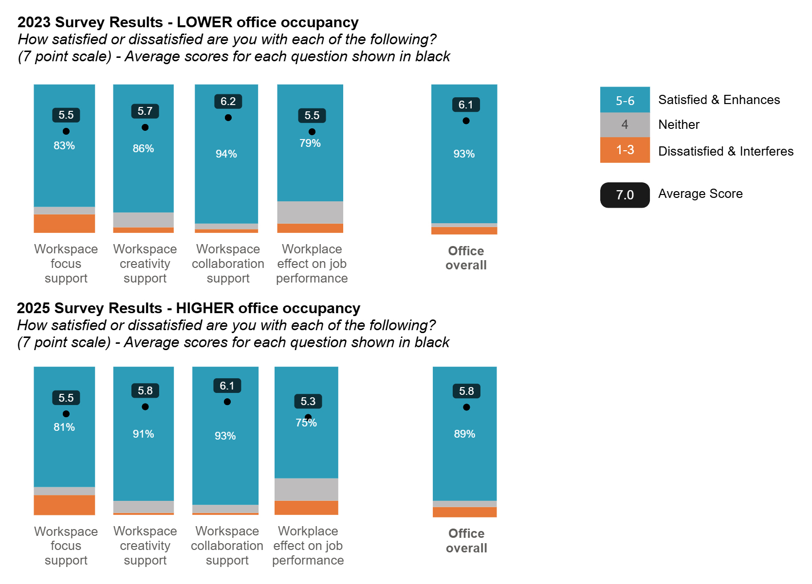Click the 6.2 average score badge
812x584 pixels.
point(228,102)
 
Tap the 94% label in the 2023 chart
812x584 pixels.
point(226,154)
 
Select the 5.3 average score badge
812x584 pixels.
point(308,402)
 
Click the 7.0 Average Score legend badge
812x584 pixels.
point(625,195)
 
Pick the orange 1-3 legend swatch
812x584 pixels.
point(625,150)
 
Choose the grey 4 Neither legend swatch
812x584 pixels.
point(625,125)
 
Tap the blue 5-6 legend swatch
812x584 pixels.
point(625,100)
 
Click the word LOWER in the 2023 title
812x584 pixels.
point(204,22)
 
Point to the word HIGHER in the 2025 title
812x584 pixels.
point(205,308)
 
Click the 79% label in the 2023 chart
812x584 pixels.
point(310,143)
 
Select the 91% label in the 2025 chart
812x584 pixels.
point(143,434)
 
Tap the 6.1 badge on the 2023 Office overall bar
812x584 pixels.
point(466,105)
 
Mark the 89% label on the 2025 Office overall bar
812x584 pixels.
point(464,434)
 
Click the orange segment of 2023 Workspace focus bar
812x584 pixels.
point(64,223)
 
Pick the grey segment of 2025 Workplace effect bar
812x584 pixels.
point(306,489)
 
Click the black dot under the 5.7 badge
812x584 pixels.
point(145,127)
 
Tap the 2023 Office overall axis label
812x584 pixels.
point(466,258)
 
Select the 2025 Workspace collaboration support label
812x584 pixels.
point(227,546)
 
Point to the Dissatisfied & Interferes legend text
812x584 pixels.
point(725,151)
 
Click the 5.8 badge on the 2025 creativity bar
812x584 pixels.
point(145,391)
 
